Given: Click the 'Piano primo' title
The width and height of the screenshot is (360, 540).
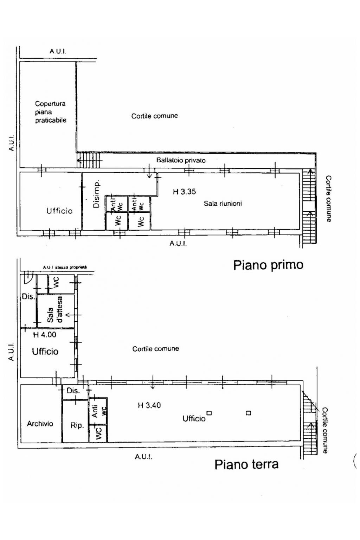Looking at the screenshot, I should tap(268, 265).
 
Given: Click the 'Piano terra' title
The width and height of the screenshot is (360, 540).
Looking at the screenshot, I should tap(246, 464).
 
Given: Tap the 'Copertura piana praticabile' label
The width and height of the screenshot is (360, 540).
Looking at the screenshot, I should tap(50, 112).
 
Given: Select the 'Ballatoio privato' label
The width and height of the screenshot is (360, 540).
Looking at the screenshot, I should tap(181, 160).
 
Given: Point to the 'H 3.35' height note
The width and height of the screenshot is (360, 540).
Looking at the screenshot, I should tap(184, 192).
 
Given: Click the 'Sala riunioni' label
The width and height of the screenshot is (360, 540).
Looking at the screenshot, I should tap(223, 203).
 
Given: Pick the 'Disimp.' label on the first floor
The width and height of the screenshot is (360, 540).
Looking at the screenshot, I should tap(97, 194).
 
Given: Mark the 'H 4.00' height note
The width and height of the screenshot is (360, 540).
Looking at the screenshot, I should tap(45, 335).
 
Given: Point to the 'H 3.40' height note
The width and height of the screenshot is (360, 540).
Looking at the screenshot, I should tap(149, 405).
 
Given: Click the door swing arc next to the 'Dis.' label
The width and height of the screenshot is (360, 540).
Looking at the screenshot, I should tap(27, 279).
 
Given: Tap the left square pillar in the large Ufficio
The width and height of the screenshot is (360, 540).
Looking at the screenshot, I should tap(209, 413).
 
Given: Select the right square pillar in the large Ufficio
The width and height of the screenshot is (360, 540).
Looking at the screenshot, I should tap(249, 413).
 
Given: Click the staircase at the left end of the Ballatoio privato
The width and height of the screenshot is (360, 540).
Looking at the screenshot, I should tap(89, 160).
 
